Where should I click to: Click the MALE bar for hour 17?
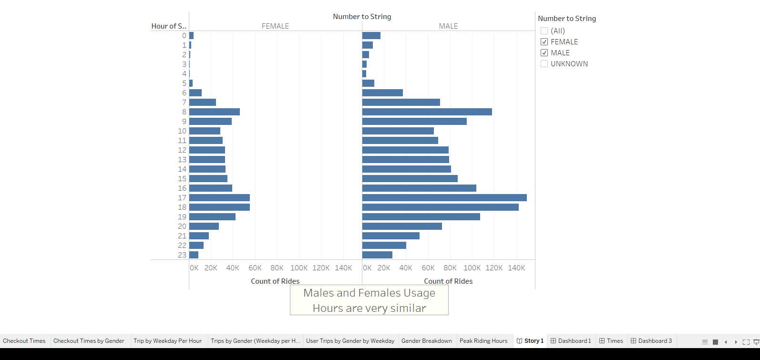click(444, 197)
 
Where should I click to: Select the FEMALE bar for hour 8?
click(215, 112)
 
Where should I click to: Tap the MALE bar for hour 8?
click(427, 112)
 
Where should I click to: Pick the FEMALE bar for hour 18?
click(219, 207)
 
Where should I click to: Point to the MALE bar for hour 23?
click(377, 255)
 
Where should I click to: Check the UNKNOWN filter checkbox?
click(544, 64)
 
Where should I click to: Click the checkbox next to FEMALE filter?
click(544, 42)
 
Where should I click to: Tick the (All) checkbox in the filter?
click(544, 31)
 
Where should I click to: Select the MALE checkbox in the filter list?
click(544, 53)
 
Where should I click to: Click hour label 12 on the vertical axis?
click(182, 150)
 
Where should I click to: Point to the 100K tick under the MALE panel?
click(472, 268)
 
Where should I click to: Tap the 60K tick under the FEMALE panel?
click(255, 268)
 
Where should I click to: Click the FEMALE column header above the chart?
click(275, 26)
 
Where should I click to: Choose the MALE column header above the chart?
click(448, 26)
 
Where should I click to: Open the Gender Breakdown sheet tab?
click(426, 341)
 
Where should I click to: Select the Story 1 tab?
click(530, 341)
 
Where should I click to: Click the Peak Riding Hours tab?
click(483, 341)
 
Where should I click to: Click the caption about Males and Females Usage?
click(369, 300)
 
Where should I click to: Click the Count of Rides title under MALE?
click(448, 281)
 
